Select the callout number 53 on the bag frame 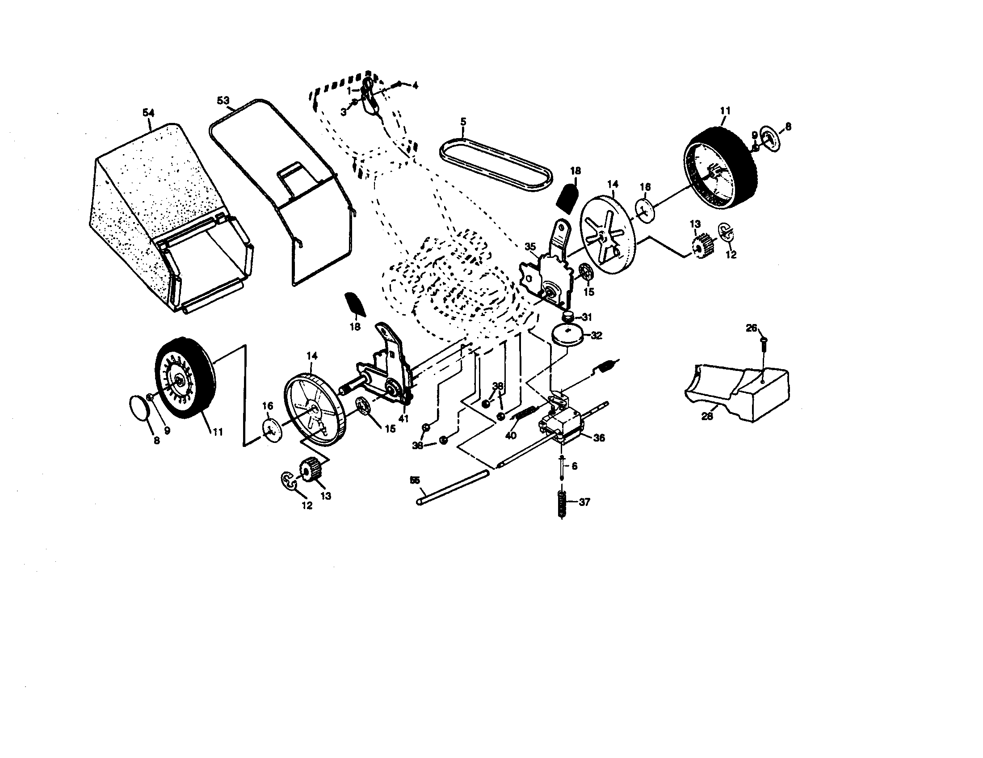[x=223, y=101]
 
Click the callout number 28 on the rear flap [x=707, y=417]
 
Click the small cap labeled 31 [x=570, y=316]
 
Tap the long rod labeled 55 [x=452, y=488]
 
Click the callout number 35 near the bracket [x=530, y=246]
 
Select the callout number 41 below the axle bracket [x=404, y=418]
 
